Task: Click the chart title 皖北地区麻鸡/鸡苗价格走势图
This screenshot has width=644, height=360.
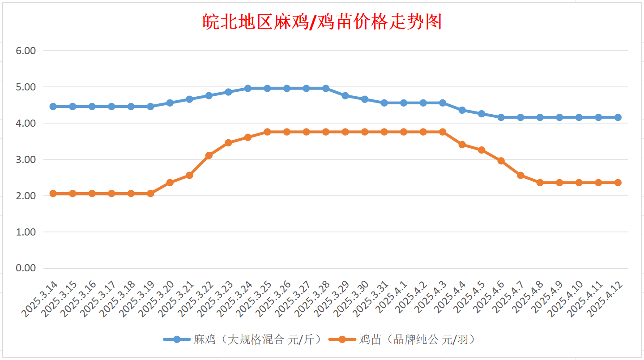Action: point(322,21)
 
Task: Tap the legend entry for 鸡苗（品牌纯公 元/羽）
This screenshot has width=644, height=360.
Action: point(402,339)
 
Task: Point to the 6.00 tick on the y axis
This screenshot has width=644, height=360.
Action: point(26,51)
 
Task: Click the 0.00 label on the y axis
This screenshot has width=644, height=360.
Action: point(26,268)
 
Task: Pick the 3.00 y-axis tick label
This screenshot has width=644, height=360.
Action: point(26,159)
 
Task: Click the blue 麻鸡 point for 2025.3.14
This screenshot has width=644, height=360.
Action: point(53,107)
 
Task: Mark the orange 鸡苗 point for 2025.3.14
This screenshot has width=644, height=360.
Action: point(53,193)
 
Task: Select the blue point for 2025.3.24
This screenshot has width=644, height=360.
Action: point(248,88)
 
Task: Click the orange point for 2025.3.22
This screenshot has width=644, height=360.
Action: point(209,155)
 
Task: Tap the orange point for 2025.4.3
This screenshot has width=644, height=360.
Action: point(443,132)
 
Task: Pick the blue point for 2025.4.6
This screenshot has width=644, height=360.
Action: point(501,117)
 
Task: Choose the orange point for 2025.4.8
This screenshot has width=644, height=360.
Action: point(540,183)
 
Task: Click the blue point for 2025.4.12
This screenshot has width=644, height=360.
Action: point(618,117)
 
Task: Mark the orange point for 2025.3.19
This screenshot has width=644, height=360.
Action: point(150,193)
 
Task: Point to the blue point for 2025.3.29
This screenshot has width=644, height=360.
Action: point(345,95)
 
